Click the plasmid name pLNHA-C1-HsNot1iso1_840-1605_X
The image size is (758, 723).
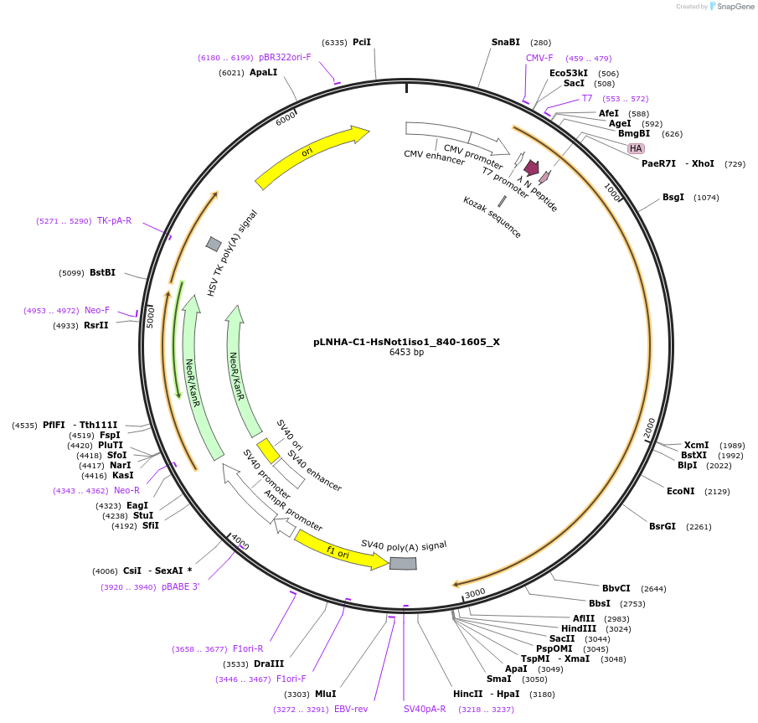406,342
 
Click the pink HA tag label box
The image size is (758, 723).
636,148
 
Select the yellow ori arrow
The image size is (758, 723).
312,157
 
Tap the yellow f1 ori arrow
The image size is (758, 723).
341,551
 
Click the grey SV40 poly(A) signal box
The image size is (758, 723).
403,563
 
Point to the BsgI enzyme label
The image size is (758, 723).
673,198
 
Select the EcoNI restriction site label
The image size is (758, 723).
681,491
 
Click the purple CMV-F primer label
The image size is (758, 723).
539,58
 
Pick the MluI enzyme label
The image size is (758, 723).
325,694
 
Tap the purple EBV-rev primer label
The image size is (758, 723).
351,709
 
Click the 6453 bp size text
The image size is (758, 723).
406,353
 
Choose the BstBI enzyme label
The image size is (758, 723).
102,272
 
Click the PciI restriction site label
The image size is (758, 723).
361,42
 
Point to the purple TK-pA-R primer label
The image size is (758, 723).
114,221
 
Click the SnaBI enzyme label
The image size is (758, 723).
506,42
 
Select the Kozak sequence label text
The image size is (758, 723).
492,217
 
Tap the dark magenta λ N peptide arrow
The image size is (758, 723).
531,168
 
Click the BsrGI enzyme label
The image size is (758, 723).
662,526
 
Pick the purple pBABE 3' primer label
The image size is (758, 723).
181,586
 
